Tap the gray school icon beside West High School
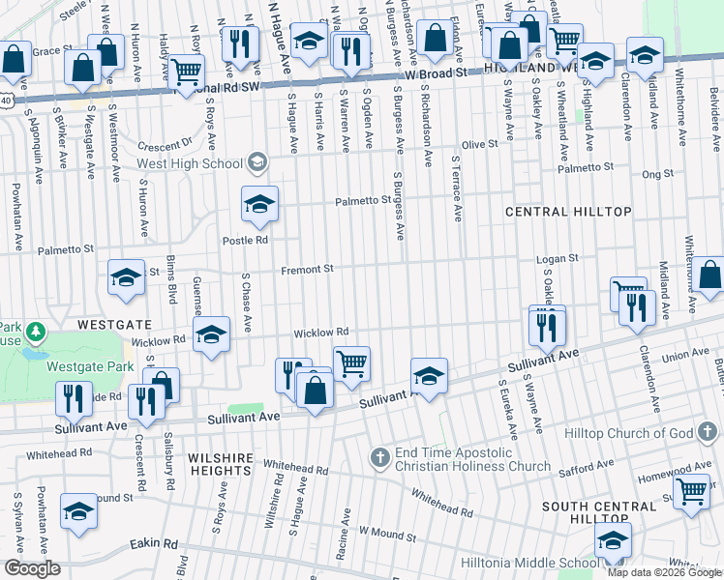click(x=256, y=161)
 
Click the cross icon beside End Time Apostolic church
click(x=380, y=455)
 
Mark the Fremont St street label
click(x=307, y=270)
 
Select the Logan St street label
click(x=558, y=259)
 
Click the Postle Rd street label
click(x=245, y=240)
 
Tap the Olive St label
click(x=478, y=143)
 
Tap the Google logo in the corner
click(x=32, y=568)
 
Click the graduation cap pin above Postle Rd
click(x=259, y=204)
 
